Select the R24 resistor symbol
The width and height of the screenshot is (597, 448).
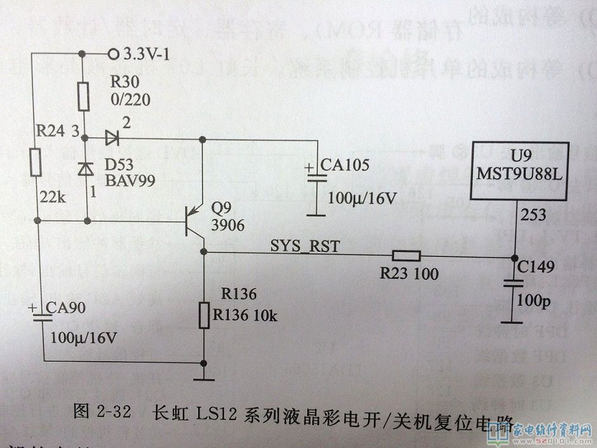pyautogui.click(x=37, y=162)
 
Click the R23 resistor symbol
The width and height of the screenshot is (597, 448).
pyautogui.click(x=405, y=256)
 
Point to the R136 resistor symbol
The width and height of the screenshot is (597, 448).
pyautogui.click(x=204, y=315)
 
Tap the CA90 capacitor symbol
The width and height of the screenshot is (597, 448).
pyautogui.click(x=42, y=316)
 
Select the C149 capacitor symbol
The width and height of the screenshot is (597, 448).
pyautogui.click(x=513, y=284)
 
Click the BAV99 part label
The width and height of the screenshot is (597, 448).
pyautogui.click(x=125, y=179)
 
